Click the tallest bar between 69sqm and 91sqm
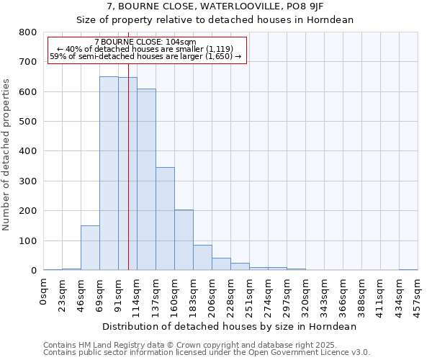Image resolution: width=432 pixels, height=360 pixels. point(109,173)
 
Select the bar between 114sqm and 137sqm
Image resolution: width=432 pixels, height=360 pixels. point(146,179)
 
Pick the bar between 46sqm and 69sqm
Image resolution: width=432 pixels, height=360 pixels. point(90,248)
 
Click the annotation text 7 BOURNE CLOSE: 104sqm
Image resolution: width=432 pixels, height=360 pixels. point(145,42)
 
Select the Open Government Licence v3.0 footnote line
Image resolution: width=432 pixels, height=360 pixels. point(206,353)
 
